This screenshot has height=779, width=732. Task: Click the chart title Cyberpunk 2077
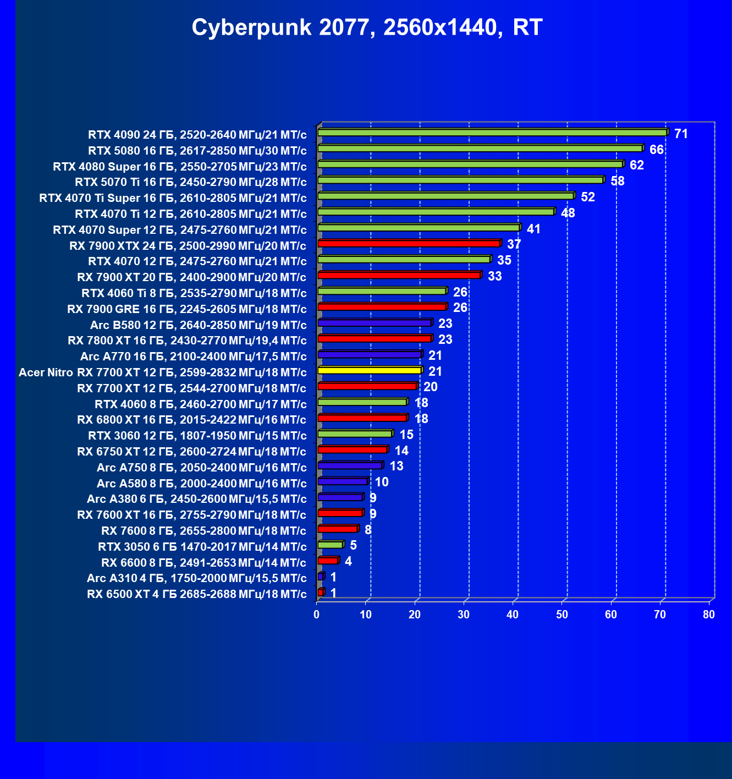[367, 27]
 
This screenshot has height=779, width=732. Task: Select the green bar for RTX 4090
[492, 133]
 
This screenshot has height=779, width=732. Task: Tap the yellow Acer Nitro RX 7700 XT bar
[370, 370]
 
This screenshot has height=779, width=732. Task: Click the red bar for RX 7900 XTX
[409, 243]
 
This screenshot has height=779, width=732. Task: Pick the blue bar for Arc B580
[375, 323]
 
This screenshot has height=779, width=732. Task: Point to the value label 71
[681, 134]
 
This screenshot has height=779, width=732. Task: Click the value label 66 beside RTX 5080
[656, 150]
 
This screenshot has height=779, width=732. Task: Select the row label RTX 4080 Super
[180, 167]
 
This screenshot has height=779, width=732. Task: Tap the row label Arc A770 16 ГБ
[194, 356]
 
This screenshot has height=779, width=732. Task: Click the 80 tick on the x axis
[708, 615]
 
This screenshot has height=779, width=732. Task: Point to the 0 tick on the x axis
[317, 615]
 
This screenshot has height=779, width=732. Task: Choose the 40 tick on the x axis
[513, 615]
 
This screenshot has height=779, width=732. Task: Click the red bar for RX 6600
[328, 561]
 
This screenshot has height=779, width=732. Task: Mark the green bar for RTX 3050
[330, 545]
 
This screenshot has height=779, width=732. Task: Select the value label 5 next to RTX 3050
[353, 545]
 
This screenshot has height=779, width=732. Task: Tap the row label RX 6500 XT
[197, 594]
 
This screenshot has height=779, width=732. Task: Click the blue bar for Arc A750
[350, 465]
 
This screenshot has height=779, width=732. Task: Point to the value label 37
[514, 244]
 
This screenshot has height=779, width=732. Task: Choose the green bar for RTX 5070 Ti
[460, 180]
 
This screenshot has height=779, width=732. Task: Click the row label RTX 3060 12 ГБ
[197, 436]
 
